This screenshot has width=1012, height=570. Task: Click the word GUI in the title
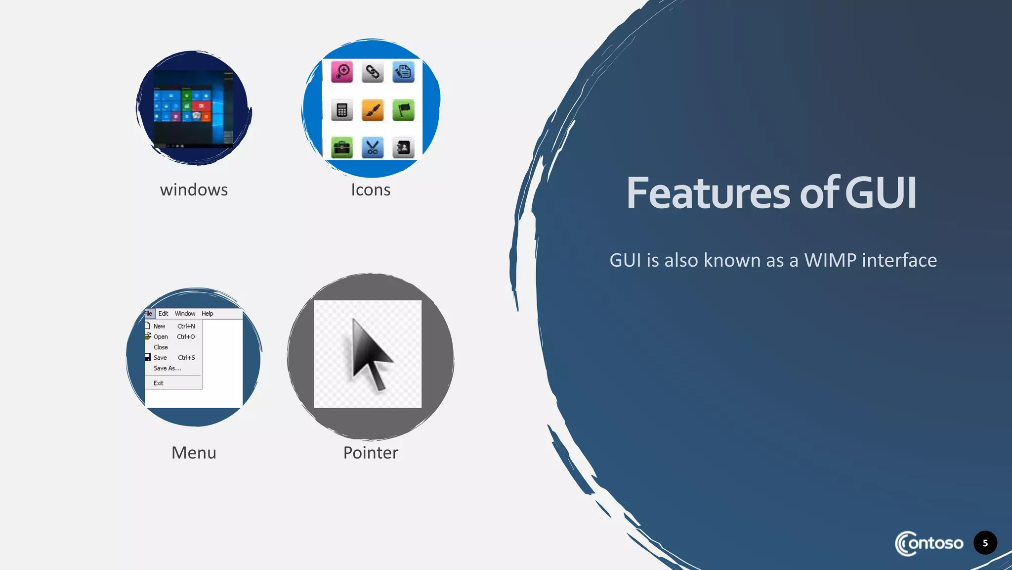[x=881, y=193]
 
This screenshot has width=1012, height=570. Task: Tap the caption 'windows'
[x=194, y=190]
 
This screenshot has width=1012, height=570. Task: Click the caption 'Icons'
[x=371, y=190]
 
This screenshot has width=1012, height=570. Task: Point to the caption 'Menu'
[x=194, y=453]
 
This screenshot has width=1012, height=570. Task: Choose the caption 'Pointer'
[x=371, y=453]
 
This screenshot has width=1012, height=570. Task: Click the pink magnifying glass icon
[x=342, y=72]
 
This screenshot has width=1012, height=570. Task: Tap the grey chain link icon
[x=373, y=72]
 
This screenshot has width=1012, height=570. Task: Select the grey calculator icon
[x=342, y=110]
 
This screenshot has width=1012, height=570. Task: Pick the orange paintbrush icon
[x=373, y=110]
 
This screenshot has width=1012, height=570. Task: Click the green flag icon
[x=403, y=110]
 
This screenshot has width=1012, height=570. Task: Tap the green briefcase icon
[x=342, y=147]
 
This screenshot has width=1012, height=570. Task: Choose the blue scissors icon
[x=373, y=147]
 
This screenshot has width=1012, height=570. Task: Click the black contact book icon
[x=403, y=147]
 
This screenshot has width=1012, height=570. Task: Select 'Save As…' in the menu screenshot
[x=167, y=368]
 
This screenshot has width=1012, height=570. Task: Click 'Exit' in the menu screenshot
[x=158, y=383]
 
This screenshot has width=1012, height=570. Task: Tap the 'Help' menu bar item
[x=207, y=314]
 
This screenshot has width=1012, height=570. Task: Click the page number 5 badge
[x=985, y=543]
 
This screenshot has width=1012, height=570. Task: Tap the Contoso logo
[x=929, y=543]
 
